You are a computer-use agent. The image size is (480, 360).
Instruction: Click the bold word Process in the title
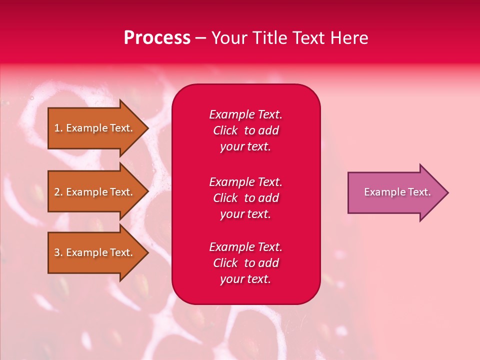pyautogui.click(x=157, y=37)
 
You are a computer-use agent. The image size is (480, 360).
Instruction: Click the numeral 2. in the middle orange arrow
pyautogui.click(x=58, y=192)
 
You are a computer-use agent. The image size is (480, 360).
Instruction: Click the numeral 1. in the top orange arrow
pyautogui.click(x=58, y=128)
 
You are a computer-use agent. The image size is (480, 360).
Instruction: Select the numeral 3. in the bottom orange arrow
pyautogui.click(x=58, y=252)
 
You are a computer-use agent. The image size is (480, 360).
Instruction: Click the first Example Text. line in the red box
pyautogui.click(x=245, y=114)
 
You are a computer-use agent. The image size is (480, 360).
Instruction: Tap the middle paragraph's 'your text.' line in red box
pyautogui.click(x=245, y=214)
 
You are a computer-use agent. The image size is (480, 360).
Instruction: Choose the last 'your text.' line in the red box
pyautogui.click(x=245, y=279)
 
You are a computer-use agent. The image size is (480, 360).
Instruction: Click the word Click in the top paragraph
pyautogui.click(x=225, y=130)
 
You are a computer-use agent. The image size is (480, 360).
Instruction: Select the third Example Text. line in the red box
pyautogui.click(x=245, y=247)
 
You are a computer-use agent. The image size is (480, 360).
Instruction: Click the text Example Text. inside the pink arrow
pyautogui.click(x=397, y=192)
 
